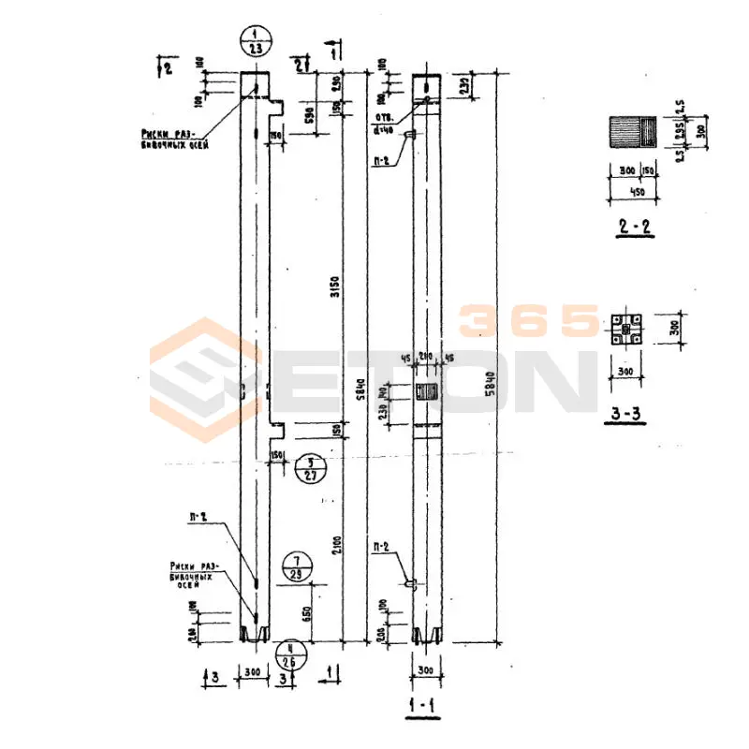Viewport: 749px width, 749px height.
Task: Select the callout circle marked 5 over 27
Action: [x=310, y=467]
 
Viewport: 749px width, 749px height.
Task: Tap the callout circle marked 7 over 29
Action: [x=298, y=566]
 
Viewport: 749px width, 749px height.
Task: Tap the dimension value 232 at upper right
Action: [x=464, y=85]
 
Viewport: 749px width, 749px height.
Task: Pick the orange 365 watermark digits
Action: [x=529, y=321]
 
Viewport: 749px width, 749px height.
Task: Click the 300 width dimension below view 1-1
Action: [x=426, y=673]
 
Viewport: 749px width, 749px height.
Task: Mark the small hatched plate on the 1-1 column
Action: [x=427, y=391]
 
